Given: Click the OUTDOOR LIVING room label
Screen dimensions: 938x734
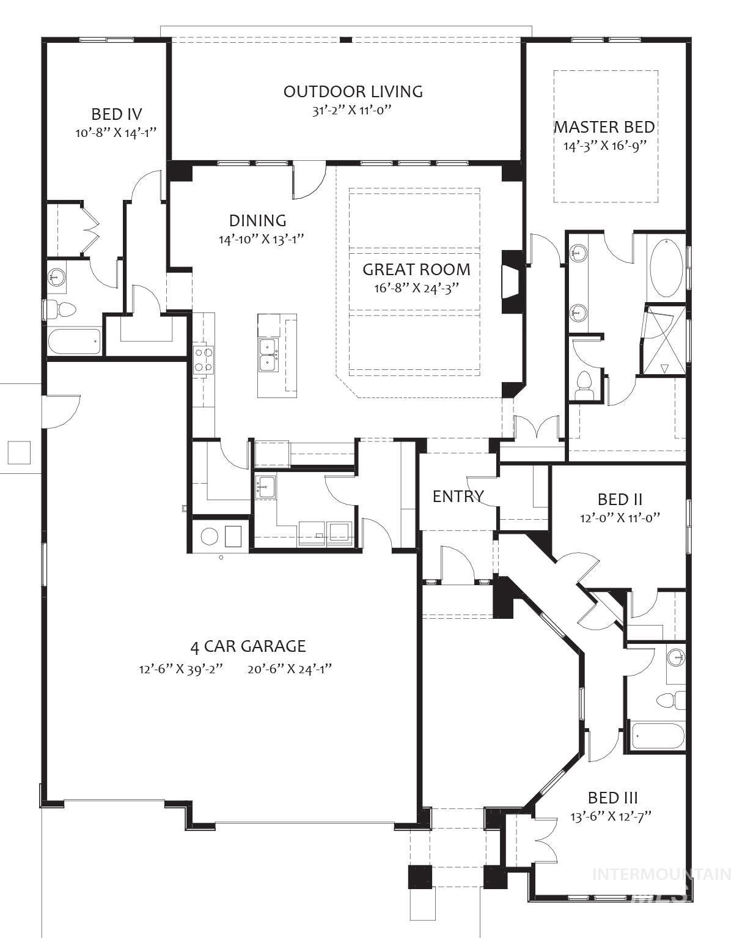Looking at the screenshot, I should (x=353, y=92).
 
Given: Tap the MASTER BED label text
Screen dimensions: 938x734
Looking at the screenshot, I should (x=604, y=127).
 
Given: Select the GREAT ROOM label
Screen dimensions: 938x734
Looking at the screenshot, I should (x=416, y=269).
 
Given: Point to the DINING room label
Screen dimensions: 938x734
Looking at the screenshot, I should (x=257, y=221).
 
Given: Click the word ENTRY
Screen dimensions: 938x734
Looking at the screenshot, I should (x=458, y=497).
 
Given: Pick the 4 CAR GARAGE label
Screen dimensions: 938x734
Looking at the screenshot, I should (x=248, y=646).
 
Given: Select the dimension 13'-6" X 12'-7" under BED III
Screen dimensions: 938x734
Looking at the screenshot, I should (x=612, y=816).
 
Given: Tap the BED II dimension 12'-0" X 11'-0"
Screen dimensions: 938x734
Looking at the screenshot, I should (x=620, y=517).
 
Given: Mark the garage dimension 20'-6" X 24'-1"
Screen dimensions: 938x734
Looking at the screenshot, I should (x=290, y=668).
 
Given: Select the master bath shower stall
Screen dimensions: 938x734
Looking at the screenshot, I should (x=665, y=341).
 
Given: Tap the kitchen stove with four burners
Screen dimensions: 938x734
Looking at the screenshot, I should (x=204, y=360).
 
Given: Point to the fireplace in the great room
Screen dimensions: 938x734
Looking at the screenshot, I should (x=511, y=281).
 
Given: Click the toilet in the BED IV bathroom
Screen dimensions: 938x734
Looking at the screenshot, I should (x=61, y=309).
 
